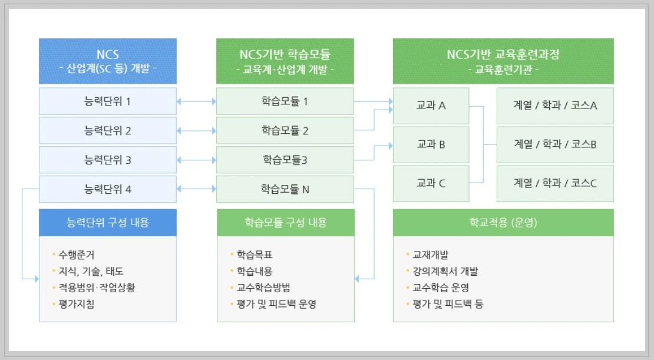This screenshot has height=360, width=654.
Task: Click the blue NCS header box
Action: click(108, 61)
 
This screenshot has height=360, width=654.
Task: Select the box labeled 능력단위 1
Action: click(108, 101)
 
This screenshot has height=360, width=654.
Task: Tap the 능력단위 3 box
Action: click(108, 160)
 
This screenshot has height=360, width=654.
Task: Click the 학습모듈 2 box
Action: click(285, 131)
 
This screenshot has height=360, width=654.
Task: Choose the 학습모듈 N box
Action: click(285, 189)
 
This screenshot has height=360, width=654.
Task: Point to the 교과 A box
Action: click(431, 106)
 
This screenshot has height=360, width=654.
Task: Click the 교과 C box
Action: click(431, 183)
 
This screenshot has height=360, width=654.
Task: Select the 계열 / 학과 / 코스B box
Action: click(555, 144)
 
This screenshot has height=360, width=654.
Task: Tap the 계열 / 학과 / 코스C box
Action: click(555, 183)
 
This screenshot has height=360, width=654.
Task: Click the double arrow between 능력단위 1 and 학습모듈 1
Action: click(196, 102)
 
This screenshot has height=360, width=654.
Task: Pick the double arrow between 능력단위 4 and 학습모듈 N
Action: click(196, 189)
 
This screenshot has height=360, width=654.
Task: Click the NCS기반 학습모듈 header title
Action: click(285, 55)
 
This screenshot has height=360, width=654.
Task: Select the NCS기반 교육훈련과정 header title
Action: click(503, 55)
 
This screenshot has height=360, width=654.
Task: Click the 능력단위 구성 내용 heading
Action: click(108, 223)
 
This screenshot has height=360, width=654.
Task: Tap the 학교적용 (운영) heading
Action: click(503, 223)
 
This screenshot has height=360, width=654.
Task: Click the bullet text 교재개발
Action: click(430, 255)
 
